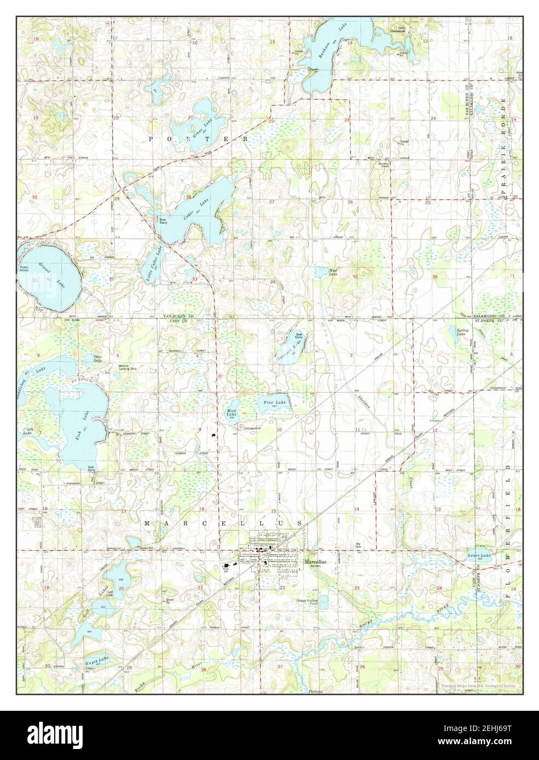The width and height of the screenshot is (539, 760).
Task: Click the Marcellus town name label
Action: pos(316,562)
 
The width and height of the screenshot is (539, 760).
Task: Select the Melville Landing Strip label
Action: pos(127,368)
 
